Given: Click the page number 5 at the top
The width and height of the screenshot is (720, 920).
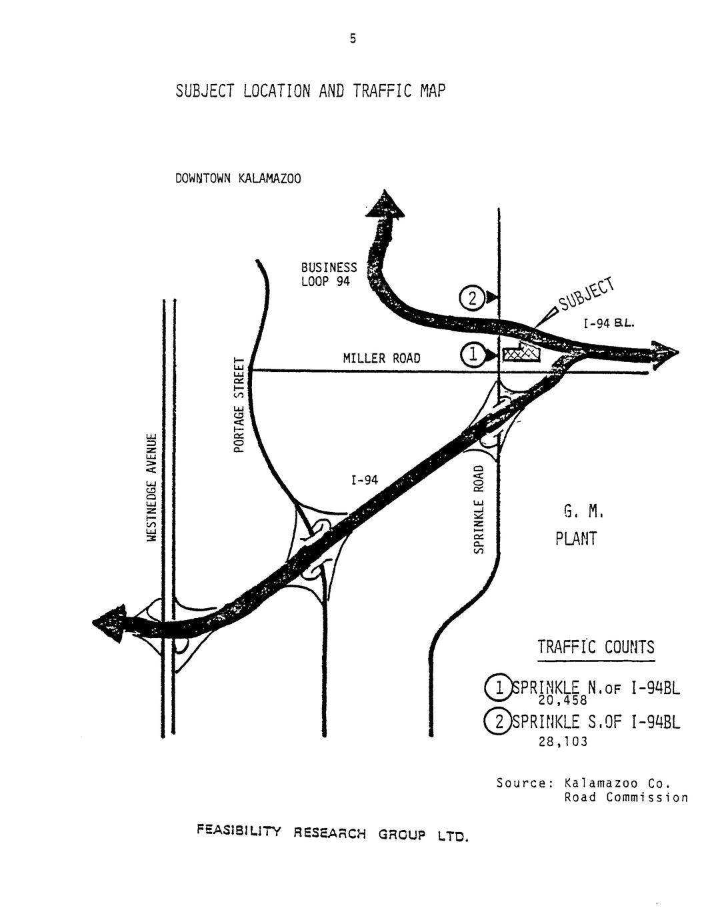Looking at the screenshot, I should [x=353, y=39].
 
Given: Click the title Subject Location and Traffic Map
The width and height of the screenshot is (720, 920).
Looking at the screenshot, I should [x=309, y=91].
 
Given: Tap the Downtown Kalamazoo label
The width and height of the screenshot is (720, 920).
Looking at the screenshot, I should [x=238, y=179].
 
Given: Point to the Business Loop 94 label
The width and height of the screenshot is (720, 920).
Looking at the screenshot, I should [x=329, y=274].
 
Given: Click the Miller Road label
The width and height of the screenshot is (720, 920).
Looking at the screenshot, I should [x=381, y=359].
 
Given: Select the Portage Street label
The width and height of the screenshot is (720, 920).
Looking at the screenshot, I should [x=239, y=405].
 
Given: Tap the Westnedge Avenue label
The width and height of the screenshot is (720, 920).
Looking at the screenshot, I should [x=152, y=487].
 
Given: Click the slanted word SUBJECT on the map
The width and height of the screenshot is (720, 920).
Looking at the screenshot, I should [x=586, y=295].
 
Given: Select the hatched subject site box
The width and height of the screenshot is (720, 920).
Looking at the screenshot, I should [x=521, y=353].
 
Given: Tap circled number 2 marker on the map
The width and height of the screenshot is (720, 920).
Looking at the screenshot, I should [x=471, y=297].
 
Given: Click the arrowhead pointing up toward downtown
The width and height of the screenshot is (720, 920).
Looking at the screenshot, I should [x=385, y=203].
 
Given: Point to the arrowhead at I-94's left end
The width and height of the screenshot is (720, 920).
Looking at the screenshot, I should [x=108, y=623].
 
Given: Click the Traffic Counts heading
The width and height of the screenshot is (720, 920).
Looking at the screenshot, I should [x=596, y=647].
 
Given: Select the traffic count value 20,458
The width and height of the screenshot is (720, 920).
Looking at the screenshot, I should [x=562, y=701].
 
